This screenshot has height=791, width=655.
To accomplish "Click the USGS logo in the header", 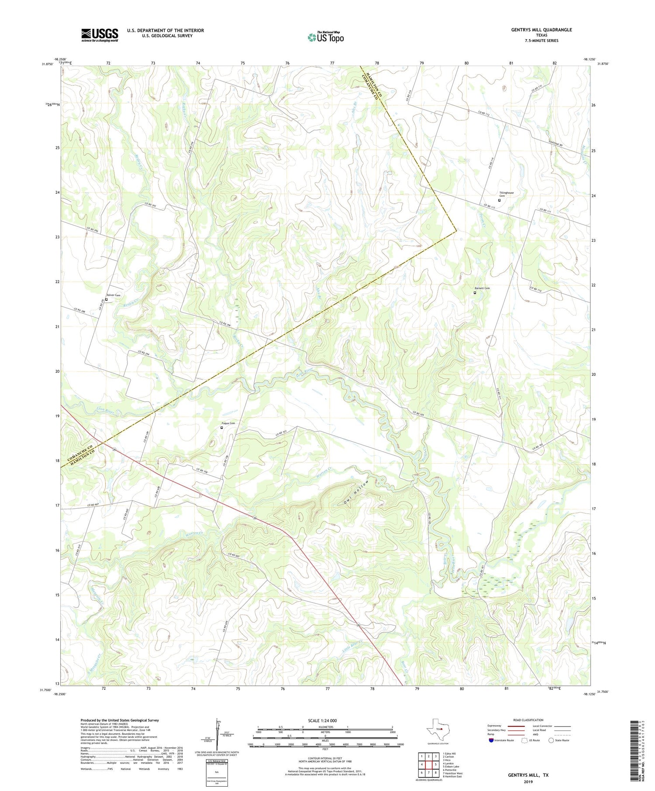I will (x=100, y=35).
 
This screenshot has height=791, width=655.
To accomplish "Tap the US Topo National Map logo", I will (x=325, y=37).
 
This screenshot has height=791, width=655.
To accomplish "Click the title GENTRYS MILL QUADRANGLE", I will (x=541, y=30).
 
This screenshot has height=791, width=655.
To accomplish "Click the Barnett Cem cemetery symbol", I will (x=475, y=293).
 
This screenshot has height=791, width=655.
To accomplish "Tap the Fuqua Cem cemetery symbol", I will (x=221, y=428).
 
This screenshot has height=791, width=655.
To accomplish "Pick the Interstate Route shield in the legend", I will (x=492, y=740).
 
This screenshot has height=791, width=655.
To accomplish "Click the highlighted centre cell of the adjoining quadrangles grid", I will (x=428, y=764).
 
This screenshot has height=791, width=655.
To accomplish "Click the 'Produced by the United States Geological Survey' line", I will (x=119, y=720).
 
